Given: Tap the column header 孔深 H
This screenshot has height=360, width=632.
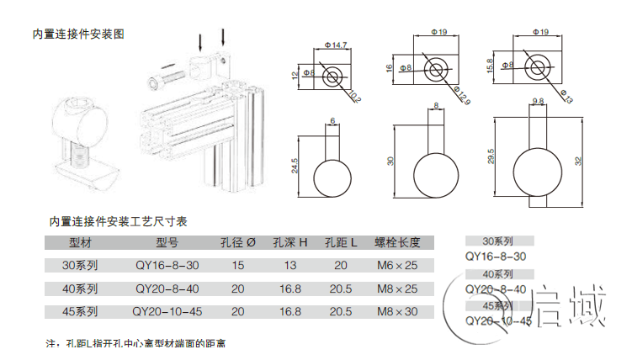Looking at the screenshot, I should pos(289,243).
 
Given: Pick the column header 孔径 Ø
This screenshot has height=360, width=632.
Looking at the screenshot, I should pos(237,243).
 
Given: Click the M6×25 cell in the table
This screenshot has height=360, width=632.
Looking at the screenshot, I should pos(396,265).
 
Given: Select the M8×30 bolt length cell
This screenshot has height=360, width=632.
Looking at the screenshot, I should pos(396,311).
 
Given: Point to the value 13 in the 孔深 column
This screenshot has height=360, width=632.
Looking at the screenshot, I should pos(289,265).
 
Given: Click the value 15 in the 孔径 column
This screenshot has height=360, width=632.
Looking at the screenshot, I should pos(237,265).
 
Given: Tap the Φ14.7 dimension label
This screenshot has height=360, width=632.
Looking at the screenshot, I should pos(336,45).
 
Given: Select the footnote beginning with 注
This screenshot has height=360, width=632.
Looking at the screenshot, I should pos(135,344).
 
